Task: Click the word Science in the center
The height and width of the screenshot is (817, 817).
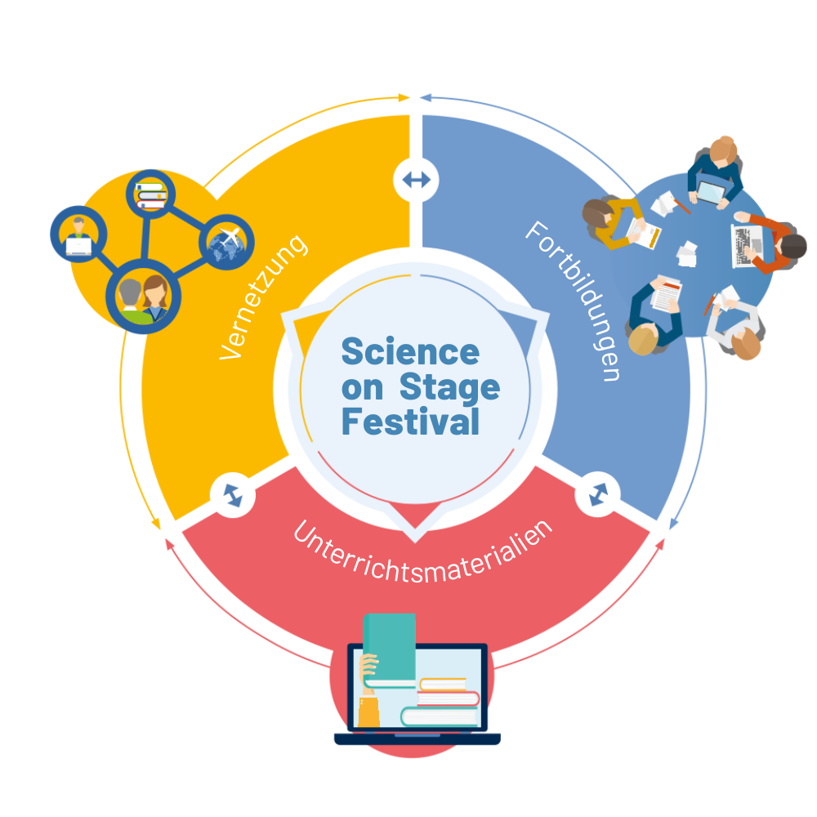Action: click(x=410, y=352)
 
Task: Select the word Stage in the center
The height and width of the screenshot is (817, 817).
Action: click(x=449, y=387)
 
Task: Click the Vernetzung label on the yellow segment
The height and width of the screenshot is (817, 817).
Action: click(x=264, y=297)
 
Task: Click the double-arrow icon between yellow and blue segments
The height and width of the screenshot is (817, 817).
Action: click(x=416, y=180)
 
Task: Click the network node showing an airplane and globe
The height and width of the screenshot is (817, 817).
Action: click(x=226, y=243)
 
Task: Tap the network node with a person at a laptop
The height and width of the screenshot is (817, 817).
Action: click(x=78, y=234)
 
